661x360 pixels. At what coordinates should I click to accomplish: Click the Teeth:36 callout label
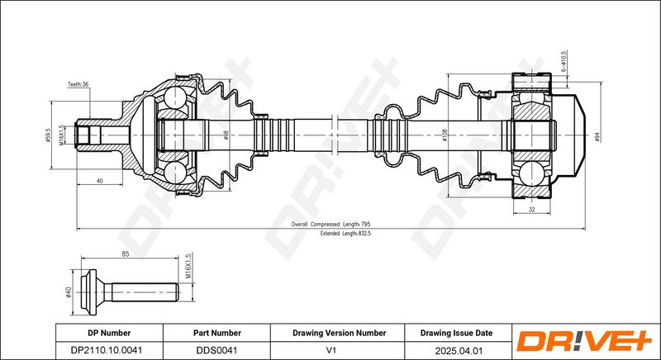click(x=78, y=84)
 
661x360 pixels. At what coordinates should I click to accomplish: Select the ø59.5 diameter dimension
click(x=48, y=135)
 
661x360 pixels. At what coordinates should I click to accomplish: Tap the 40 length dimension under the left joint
click(x=99, y=181)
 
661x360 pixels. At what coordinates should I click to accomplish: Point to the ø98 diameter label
click(x=226, y=135)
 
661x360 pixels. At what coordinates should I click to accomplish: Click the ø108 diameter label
click(x=445, y=135)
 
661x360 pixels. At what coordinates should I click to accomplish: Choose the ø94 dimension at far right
click(x=597, y=137)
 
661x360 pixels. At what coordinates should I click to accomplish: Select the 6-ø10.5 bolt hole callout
click(x=564, y=61)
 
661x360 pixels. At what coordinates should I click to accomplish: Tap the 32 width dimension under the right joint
click(x=531, y=209)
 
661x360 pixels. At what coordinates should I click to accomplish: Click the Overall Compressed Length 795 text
click(x=330, y=225)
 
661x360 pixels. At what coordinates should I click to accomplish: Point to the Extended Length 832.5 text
click(x=345, y=233)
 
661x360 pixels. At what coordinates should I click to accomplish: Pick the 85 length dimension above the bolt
click(x=126, y=253)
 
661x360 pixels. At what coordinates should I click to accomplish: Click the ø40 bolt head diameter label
click(x=69, y=291)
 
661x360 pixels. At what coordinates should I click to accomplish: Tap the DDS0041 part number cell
click(x=216, y=350)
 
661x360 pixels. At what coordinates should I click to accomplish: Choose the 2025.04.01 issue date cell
click(x=458, y=350)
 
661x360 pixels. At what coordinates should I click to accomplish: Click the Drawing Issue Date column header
click(x=456, y=333)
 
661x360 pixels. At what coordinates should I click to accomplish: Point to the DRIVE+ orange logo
click(x=584, y=341)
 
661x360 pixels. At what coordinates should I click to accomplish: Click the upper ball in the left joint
click(x=174, y=97)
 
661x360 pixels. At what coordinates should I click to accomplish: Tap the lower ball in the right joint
click(x=530, y=174)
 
